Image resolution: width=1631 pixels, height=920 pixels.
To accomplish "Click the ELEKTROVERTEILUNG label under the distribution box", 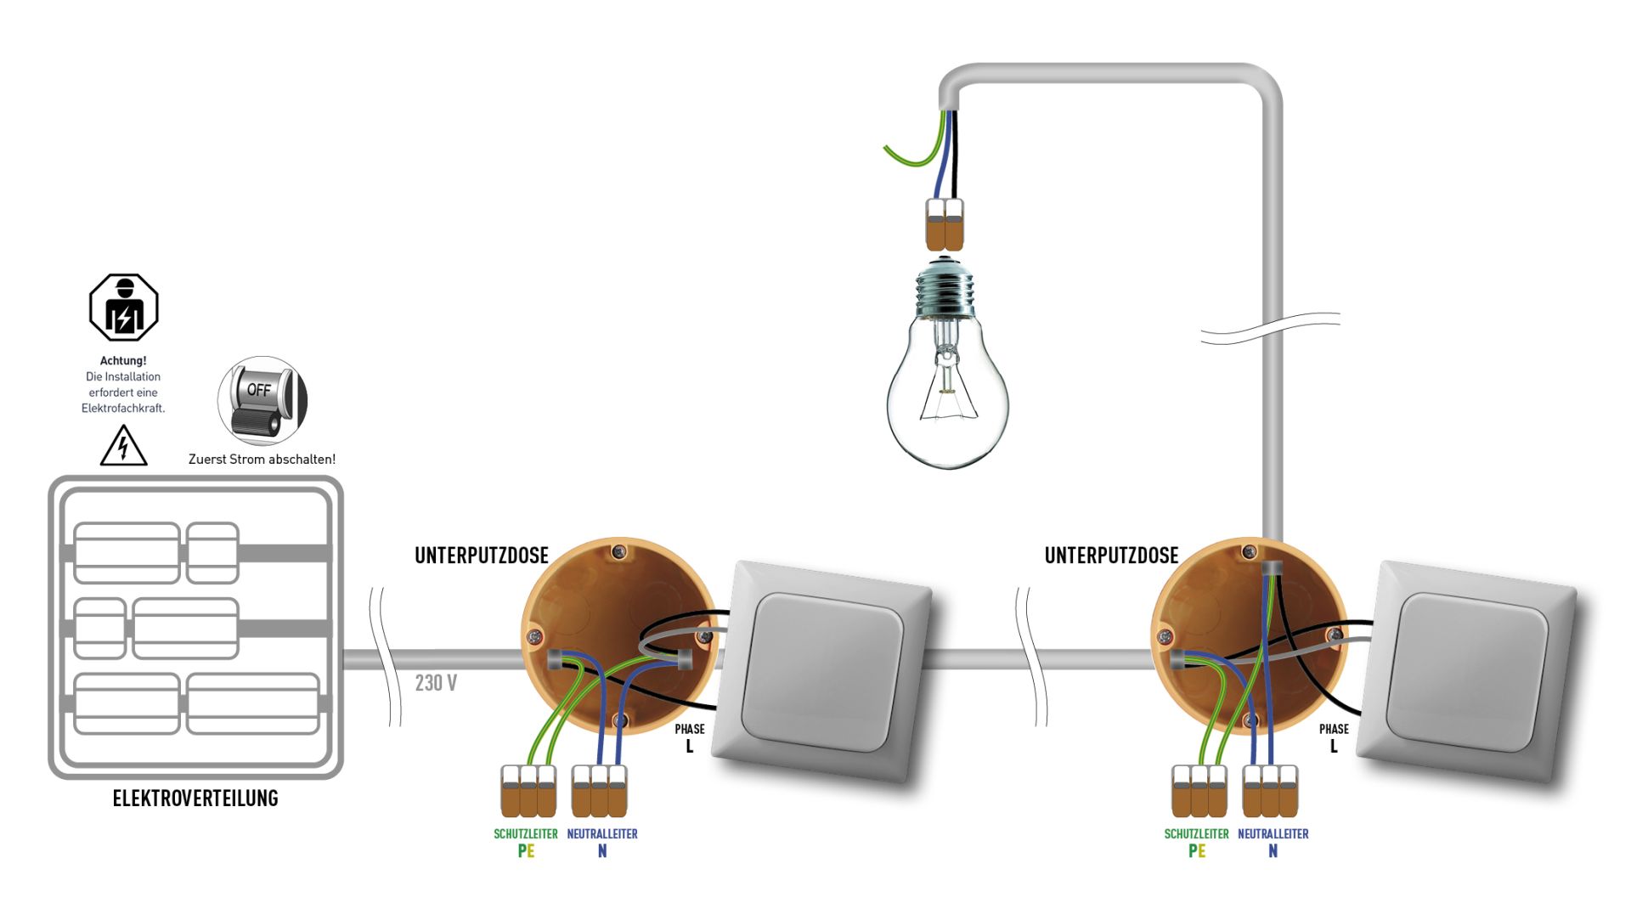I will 195,798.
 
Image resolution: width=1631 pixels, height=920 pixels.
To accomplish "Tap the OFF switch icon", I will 262,400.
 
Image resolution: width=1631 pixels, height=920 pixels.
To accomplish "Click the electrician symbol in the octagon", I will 124,308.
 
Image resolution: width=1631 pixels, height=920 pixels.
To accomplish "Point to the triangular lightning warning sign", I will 124,447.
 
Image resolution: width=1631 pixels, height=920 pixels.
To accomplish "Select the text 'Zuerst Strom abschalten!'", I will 262,460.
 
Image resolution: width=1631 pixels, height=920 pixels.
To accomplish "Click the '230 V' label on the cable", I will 436,683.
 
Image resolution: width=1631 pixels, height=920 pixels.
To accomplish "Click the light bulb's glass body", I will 947,399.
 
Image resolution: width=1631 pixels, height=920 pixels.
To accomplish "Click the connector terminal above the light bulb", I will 945,225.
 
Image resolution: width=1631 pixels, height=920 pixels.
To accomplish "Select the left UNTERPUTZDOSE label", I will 482,556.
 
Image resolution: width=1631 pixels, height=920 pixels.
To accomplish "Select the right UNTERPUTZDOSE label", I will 1111,556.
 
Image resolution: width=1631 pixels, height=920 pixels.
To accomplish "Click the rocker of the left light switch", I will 821,671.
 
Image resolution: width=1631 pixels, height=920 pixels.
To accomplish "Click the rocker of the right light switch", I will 1467,671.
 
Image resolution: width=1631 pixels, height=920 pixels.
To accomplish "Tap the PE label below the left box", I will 526,851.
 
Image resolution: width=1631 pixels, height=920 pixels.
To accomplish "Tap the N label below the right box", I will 1273,851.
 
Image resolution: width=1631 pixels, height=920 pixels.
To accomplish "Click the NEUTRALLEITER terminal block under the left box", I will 600,791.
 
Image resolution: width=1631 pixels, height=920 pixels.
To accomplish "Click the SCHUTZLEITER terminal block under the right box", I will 1199,791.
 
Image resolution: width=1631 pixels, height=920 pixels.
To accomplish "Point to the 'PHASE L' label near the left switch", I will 690,737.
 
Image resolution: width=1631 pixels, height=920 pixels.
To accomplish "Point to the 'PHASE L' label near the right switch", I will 1334,737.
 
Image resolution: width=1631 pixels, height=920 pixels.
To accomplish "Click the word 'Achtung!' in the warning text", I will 123,360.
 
